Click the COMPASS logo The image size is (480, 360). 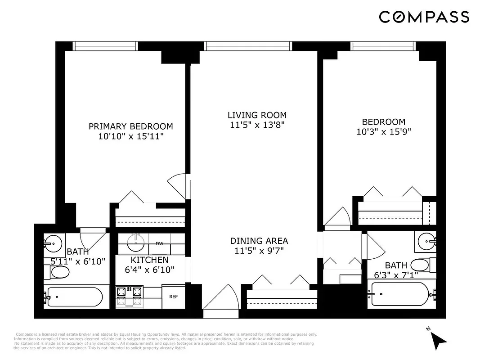pyautogui.click(x=424, y=17)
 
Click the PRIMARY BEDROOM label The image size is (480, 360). pyautogui.click(x=130, y=126)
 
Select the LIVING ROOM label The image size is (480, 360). pyautogui.click(x=257, y=115)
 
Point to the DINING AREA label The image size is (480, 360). pyautogui.click(x=259, y=241)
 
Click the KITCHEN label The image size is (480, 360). pyautogui.click(x=149, y=260)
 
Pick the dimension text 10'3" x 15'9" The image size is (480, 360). pyautogui.click(x=383, y=131)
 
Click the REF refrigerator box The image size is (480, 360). pyautogui.click(x=173, y=297)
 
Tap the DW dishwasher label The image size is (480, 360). pyautogui.click(x=159, y=244)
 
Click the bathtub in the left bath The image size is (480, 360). pyautogui.click(x=74, y=297)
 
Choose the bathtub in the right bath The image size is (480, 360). pyautogui.click(x=401, y=294)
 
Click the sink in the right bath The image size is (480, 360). pyautogui.click(x=425, y=242)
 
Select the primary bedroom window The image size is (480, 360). pyautogui.click(x=104, y=46)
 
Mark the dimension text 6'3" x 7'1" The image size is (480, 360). pyautogui.click(x=396, y=274)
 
